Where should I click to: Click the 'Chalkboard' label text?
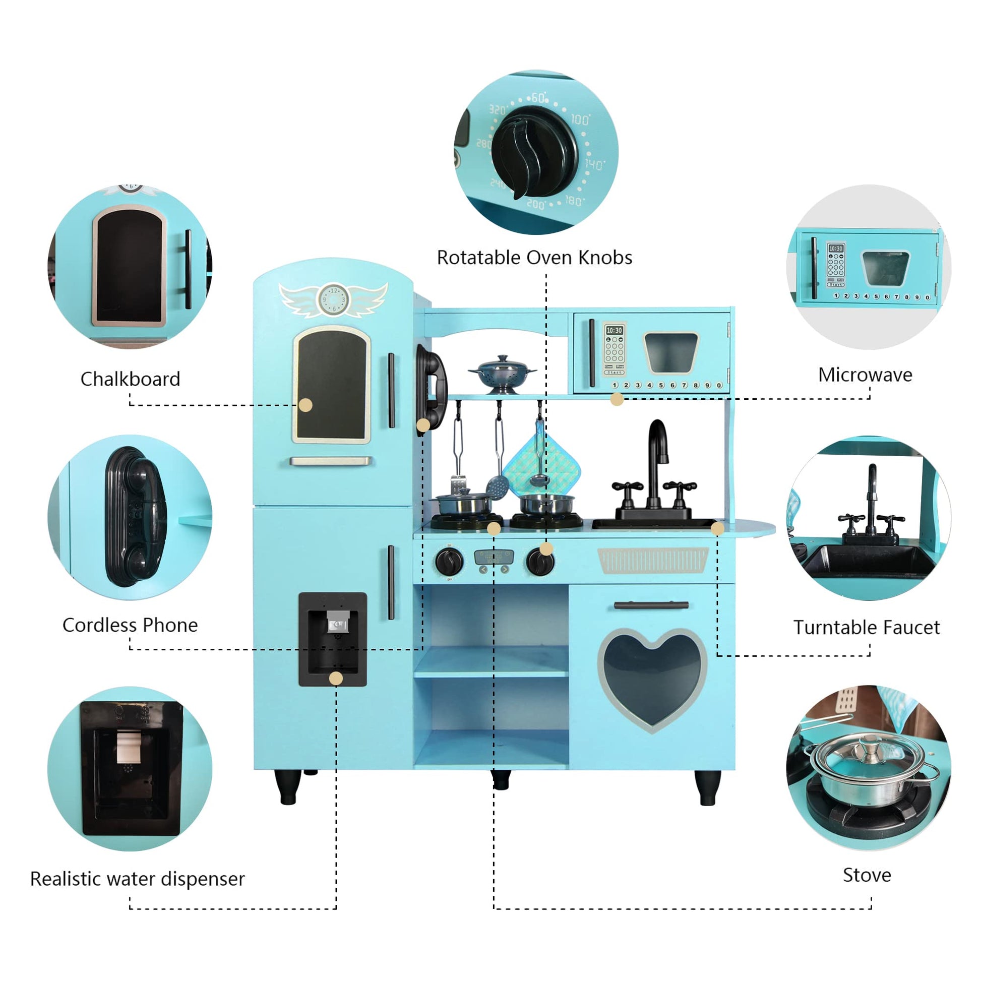tap(130, 379)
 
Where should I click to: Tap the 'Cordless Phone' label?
tap(130, 625)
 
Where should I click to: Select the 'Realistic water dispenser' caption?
tap(137, 879)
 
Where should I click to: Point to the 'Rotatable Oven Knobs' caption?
tap(534, 258)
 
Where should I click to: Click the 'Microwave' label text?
tap(865, 375)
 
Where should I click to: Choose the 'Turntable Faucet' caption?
tap(866, 627)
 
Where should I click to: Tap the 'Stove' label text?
tap(866, 875)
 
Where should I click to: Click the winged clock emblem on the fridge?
tap(333, 299)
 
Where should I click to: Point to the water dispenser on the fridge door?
tap(333, 639)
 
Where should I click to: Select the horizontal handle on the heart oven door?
tap(651, 605)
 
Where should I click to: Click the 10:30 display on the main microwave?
tap(614, 331)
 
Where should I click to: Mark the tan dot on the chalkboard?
tap(305, 405)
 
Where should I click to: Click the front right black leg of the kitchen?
tap(707, 787)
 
